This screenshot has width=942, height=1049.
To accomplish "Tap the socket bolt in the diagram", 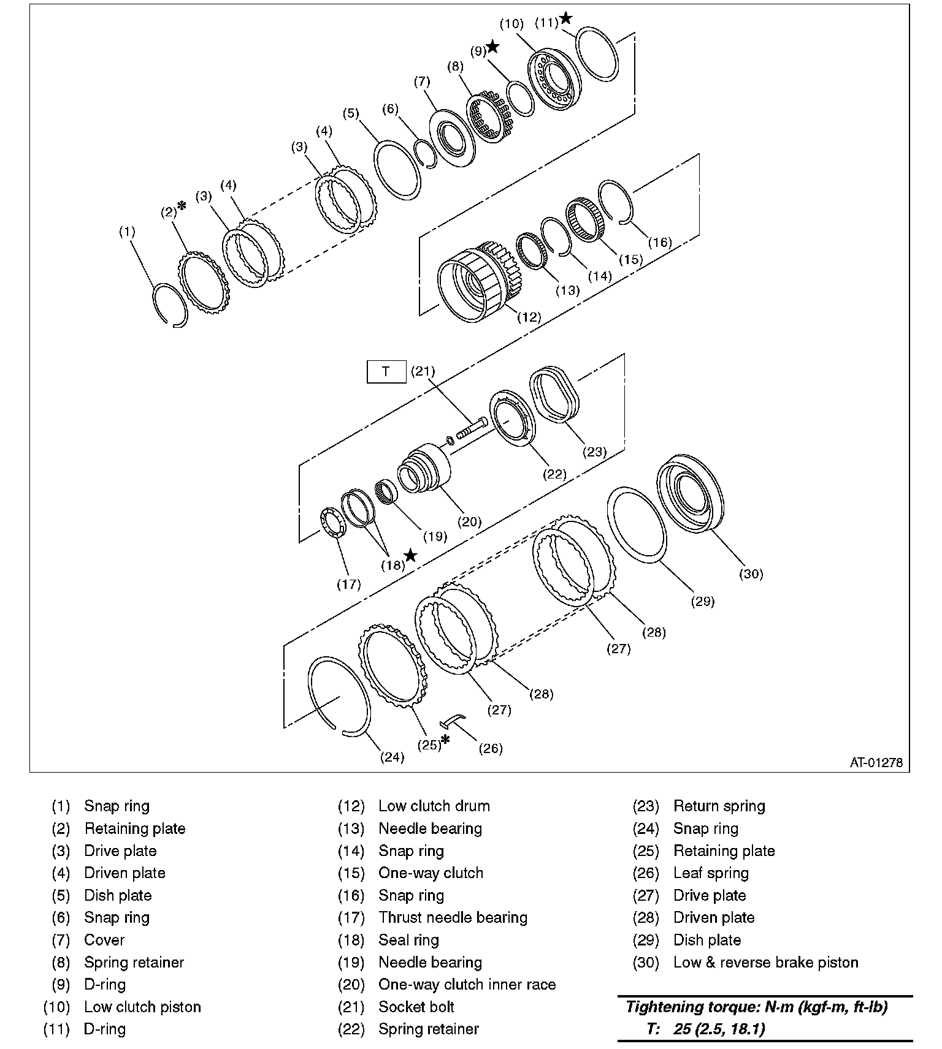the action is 471,428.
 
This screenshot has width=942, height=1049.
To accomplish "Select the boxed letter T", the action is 386,371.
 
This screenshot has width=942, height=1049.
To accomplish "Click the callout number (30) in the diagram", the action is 751,574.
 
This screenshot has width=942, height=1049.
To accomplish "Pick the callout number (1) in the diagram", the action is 127,232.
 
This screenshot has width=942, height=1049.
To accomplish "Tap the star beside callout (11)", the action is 565,18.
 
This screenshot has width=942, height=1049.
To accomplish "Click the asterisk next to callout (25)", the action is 445,740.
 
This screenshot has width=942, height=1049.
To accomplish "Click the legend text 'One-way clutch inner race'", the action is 467,984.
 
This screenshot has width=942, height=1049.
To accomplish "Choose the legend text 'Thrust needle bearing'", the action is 453,917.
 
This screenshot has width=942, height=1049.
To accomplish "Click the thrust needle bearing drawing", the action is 332,524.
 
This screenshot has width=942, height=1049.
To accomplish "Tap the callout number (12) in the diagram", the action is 529,317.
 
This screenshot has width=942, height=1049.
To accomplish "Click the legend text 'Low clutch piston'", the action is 142,1007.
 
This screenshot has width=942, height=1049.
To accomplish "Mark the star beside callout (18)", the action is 410,556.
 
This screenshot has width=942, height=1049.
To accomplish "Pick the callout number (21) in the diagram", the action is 423,371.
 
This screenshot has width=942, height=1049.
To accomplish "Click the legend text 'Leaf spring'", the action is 711,873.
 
